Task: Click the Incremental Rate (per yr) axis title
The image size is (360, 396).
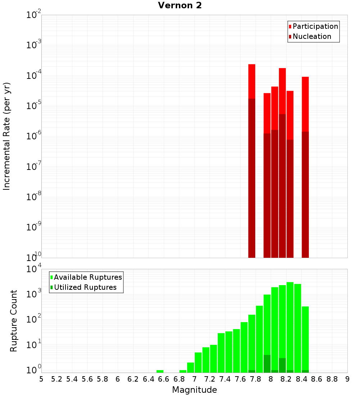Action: click(x=7, y=136)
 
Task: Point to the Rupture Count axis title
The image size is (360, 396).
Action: click(x=14, y=321)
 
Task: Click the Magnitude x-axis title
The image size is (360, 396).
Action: click(x=194, y=390)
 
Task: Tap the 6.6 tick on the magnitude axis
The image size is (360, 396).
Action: click(x=164, y=379)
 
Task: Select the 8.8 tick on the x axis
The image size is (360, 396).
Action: click(x=332, y=379)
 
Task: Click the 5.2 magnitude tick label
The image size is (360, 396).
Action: click(x=57, y=379)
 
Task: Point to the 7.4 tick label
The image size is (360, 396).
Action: click(x=225, y=379)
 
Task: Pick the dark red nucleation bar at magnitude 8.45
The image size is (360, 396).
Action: click(x=305, y=194)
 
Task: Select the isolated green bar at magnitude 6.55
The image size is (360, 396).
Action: click(x=160, y=371)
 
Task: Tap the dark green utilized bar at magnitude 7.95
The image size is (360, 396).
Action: click(x=267, y=364)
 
